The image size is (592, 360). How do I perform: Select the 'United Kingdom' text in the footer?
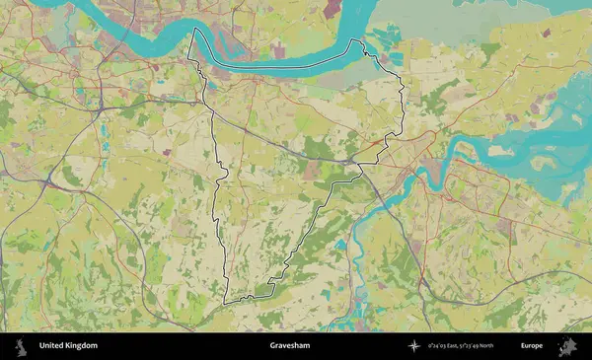pyautogui.click(x=68, y=346)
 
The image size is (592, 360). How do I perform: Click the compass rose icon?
pyautogui.click(x=415, y=346)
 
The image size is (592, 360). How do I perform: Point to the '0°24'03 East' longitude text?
pyautogui.click(x=446, y=346)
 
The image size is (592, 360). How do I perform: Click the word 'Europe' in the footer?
pyautogui.click(x=532, y=346)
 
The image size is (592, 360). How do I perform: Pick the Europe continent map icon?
pyautogui.click(x=567, y=346)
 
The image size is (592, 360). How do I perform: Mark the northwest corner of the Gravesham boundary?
pyautogui.click(x=191, y=30)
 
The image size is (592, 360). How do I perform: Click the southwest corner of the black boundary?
pyautogui.click(x=225, y=301)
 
